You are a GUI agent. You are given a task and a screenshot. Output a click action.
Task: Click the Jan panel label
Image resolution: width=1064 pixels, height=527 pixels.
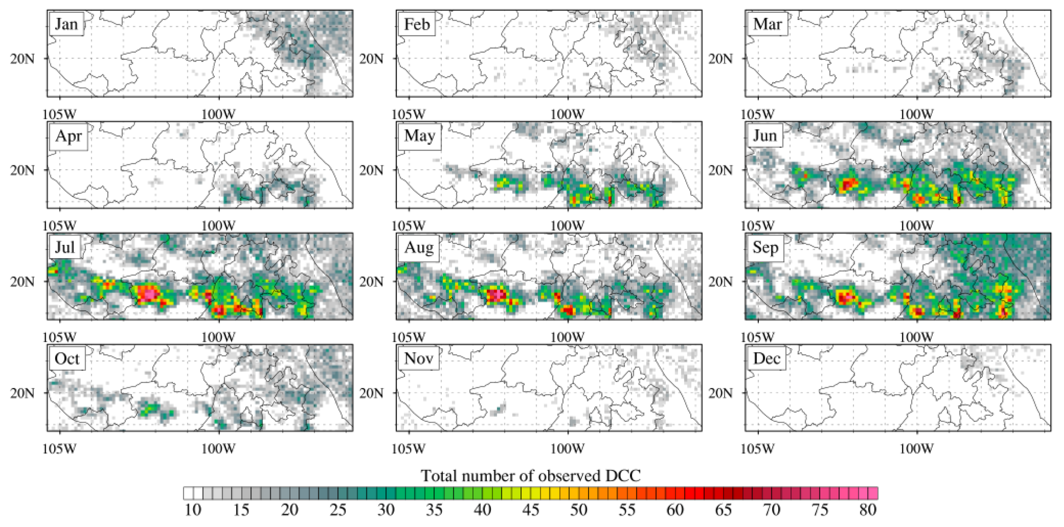pos(66,24)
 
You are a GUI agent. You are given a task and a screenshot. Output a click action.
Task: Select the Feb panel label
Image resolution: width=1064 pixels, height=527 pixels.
pos(417,24)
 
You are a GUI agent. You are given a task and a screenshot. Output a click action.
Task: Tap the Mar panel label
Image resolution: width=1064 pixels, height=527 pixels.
pos(767,24)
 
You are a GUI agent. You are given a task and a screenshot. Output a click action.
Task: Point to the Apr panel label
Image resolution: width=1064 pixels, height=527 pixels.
pos(68,136)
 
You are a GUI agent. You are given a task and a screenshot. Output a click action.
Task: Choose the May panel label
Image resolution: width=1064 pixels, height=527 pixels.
pos(419,136)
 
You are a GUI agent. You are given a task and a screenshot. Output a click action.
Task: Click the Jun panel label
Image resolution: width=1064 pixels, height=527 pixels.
pos(764,136)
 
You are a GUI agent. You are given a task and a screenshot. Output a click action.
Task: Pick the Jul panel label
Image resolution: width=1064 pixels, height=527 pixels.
pos(65,247)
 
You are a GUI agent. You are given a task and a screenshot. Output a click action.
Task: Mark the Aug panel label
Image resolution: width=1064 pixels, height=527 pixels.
pos(419,247)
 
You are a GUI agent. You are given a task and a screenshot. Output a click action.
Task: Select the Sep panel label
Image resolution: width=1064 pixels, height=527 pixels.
pos(765,247)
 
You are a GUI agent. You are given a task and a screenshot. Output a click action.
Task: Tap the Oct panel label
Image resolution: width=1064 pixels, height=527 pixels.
pos(66,359)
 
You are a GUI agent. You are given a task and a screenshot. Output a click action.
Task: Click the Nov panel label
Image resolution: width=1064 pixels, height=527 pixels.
pos(418,358)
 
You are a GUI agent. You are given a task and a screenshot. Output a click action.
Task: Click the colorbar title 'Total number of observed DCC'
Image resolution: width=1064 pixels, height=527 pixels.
pos(531,476)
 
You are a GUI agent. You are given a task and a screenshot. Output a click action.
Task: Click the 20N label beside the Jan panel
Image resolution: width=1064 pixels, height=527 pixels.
pos(23,59)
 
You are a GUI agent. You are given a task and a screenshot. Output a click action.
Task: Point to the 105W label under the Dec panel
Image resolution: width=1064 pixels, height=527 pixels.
pos(758,449)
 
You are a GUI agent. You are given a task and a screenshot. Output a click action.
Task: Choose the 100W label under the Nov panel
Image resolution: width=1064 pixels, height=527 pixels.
pos(567,449)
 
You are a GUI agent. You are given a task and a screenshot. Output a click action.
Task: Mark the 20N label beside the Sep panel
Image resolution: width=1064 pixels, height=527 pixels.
pos(721,282)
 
